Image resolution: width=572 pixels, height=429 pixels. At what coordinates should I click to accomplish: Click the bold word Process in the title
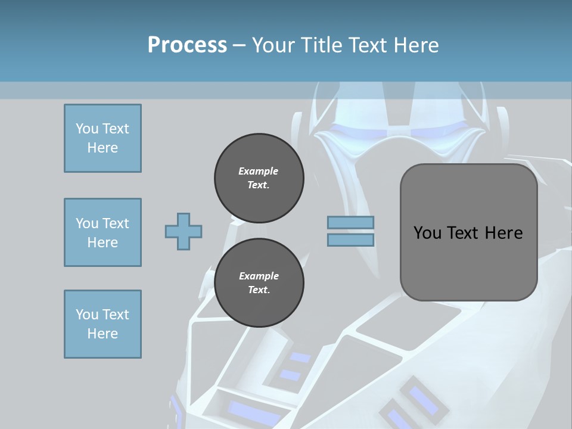[x=187, y=45]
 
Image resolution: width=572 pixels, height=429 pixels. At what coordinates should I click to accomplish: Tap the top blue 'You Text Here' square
[x=102, y=138]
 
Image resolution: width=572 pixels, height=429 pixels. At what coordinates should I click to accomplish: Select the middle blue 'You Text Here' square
[x=102, y=232]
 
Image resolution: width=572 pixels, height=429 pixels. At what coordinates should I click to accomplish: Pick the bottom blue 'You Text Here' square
[x=102, y=324]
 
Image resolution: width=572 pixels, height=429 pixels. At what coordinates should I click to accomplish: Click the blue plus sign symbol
[x=184, y=231]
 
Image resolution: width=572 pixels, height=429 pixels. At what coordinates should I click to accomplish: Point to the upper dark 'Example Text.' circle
[x=259, y=178]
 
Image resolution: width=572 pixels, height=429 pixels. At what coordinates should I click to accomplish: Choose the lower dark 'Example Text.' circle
[x=259, y=282]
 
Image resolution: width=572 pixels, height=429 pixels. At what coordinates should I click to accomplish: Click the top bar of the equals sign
[x=350, y=223]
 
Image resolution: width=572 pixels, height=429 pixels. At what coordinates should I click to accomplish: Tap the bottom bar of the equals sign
[x=350, y=240]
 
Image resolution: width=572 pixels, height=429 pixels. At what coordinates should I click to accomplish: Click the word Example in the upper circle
[x=259, y=171]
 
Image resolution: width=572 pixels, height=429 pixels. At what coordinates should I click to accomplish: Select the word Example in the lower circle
[x=259, y=276]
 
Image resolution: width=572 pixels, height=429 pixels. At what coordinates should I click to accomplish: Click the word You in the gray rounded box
[x=427, y=232]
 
